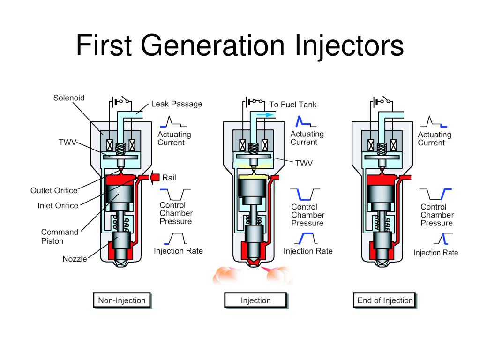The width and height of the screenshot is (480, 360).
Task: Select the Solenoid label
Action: (68, 98)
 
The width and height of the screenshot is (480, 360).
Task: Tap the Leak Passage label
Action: (177, 104)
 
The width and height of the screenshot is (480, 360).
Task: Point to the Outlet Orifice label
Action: (54, 190)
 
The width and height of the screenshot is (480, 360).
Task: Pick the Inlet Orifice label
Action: (58, 205)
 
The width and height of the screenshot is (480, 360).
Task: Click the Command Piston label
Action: (59, 236)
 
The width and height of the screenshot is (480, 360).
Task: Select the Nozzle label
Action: (75, 259)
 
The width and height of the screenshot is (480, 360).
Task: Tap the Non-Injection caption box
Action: (121, 300)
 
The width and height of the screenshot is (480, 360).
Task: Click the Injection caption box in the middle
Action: (255, 300)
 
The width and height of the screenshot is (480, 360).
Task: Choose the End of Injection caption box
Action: (385, 300)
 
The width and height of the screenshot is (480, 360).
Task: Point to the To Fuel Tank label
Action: (292, 105)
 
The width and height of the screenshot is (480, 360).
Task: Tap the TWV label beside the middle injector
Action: (303, 163)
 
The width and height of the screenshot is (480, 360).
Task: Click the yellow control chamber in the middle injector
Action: (253, 179)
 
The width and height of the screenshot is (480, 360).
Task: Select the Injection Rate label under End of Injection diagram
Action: (435, 253)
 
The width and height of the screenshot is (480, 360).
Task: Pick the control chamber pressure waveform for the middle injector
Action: (305, 194)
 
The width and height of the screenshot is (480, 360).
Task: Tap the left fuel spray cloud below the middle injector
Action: (225, 276)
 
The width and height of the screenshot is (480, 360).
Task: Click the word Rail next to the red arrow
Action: (169, 178)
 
